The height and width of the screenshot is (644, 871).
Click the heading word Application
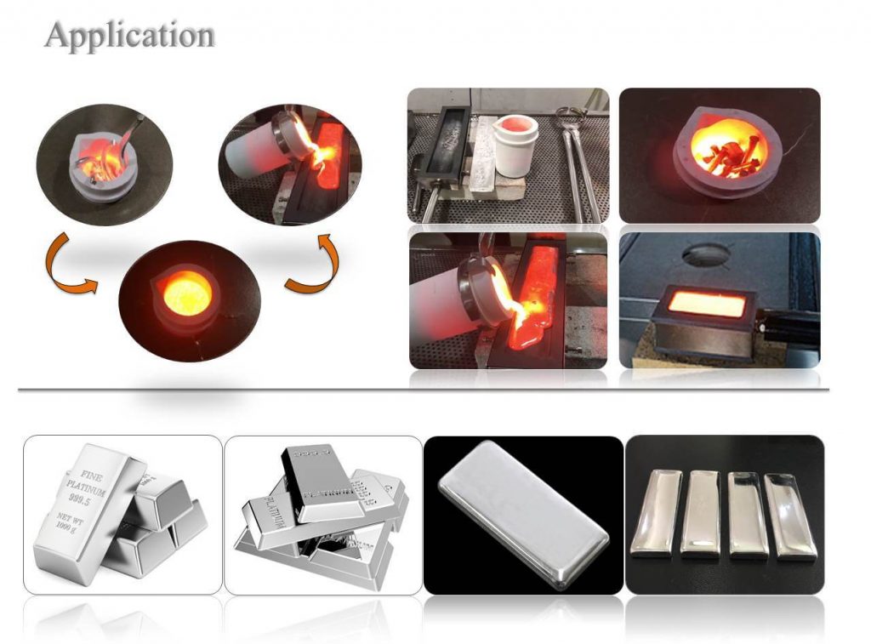pyautogui.click(x=129, y=35)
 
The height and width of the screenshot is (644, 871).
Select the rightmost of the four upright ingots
pyautogui.click(x=790, y=516)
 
